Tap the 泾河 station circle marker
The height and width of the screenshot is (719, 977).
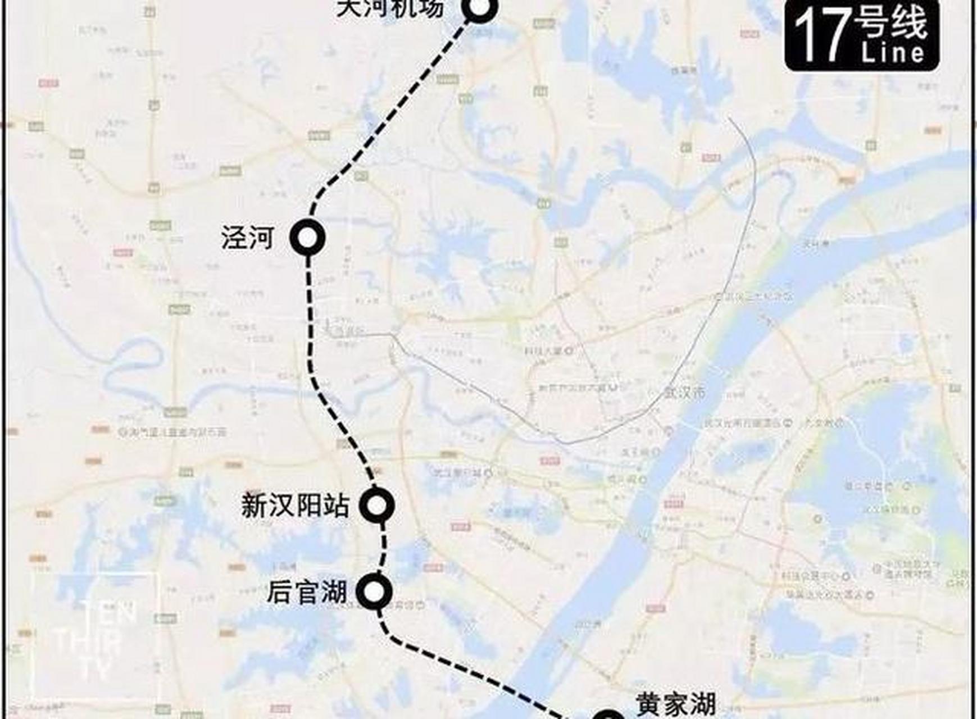click(x=307, y=238)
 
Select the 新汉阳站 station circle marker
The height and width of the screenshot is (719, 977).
click(x=377, y=505)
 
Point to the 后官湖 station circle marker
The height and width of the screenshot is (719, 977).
click(x=376, y=591)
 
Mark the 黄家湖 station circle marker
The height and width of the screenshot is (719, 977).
click(x=609, y=715)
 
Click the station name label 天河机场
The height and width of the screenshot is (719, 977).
click(x=390, y=8)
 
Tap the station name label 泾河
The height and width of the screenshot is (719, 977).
click(x=248, y=238)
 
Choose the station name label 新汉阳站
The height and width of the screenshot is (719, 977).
click(x=296, y=506)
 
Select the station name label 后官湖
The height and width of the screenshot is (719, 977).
click(x=307, y=592)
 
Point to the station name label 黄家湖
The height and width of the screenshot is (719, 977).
click(x=676, y=704)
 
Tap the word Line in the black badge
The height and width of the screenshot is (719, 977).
click(x=893, y=53)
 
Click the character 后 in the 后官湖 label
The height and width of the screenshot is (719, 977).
click(x=280, y=592)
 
